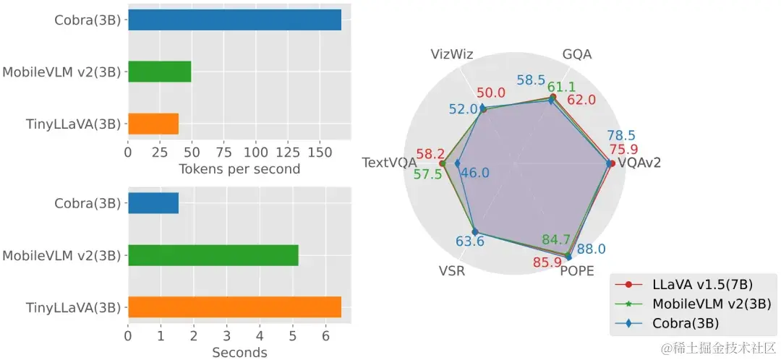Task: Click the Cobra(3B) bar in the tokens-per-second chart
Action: click(x=234, y=20)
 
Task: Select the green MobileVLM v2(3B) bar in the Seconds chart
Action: click(x=213, y=255)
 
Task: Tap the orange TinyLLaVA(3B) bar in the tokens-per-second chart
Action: click(x=153, y=124)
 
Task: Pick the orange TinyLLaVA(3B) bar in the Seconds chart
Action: click(x=234, y=307)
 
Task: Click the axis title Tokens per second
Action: click(x=239, y=169)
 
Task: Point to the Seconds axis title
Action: click(x=239, y=353)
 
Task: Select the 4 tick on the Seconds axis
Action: click(x=260, y=336)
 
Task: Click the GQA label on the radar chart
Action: click(x=578, y=55)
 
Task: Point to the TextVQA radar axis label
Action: click(x=389, y=163)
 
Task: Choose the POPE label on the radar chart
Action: click(x=576, y=272)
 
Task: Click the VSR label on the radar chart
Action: click(x=452, y=272)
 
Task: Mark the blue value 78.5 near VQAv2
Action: click(x=621, y=135)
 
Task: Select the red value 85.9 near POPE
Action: click(x=547, y=262)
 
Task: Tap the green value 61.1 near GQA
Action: click(x=561, y=87)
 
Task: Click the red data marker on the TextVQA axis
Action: click(x=443, y=163)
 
